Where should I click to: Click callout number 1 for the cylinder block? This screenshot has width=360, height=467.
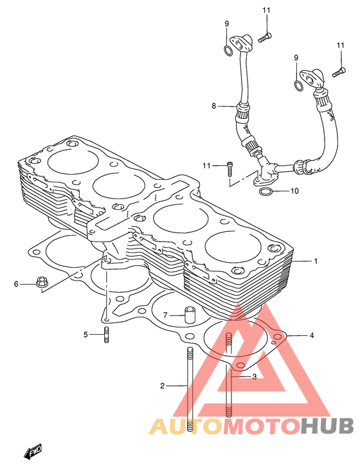[x=316, y=261]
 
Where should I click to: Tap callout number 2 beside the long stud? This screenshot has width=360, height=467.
[x=162, y=386]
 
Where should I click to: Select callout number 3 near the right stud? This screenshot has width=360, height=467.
[x=254, y=377]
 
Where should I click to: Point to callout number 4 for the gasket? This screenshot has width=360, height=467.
[x=312, y=335]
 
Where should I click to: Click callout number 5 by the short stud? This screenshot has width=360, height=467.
[x=86, y=335]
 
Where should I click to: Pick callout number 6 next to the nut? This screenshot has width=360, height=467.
[x=16, y=284]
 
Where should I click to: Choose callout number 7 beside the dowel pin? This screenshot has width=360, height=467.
[x=165, y=315]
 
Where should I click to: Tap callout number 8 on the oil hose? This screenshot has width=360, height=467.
[x=213, y=106]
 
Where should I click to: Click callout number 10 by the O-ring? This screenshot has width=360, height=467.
[x=294, y=191]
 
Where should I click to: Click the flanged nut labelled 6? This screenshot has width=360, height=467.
[x=42, y=282]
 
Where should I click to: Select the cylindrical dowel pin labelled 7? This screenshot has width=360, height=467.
[x=189, y=315]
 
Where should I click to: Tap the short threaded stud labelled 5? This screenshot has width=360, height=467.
[x=106, y=335]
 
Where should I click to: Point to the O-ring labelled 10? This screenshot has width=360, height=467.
[x=266, y=191]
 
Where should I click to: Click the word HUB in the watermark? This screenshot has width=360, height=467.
[x=327, y=426]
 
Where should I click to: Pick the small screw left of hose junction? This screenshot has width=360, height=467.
[x=230, y=170]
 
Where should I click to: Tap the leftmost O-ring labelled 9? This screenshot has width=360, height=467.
[x=228, y=51]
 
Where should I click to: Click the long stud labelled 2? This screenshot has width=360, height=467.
[x=190, y=390]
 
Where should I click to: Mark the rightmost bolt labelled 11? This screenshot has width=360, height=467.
[x=339, y=72]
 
